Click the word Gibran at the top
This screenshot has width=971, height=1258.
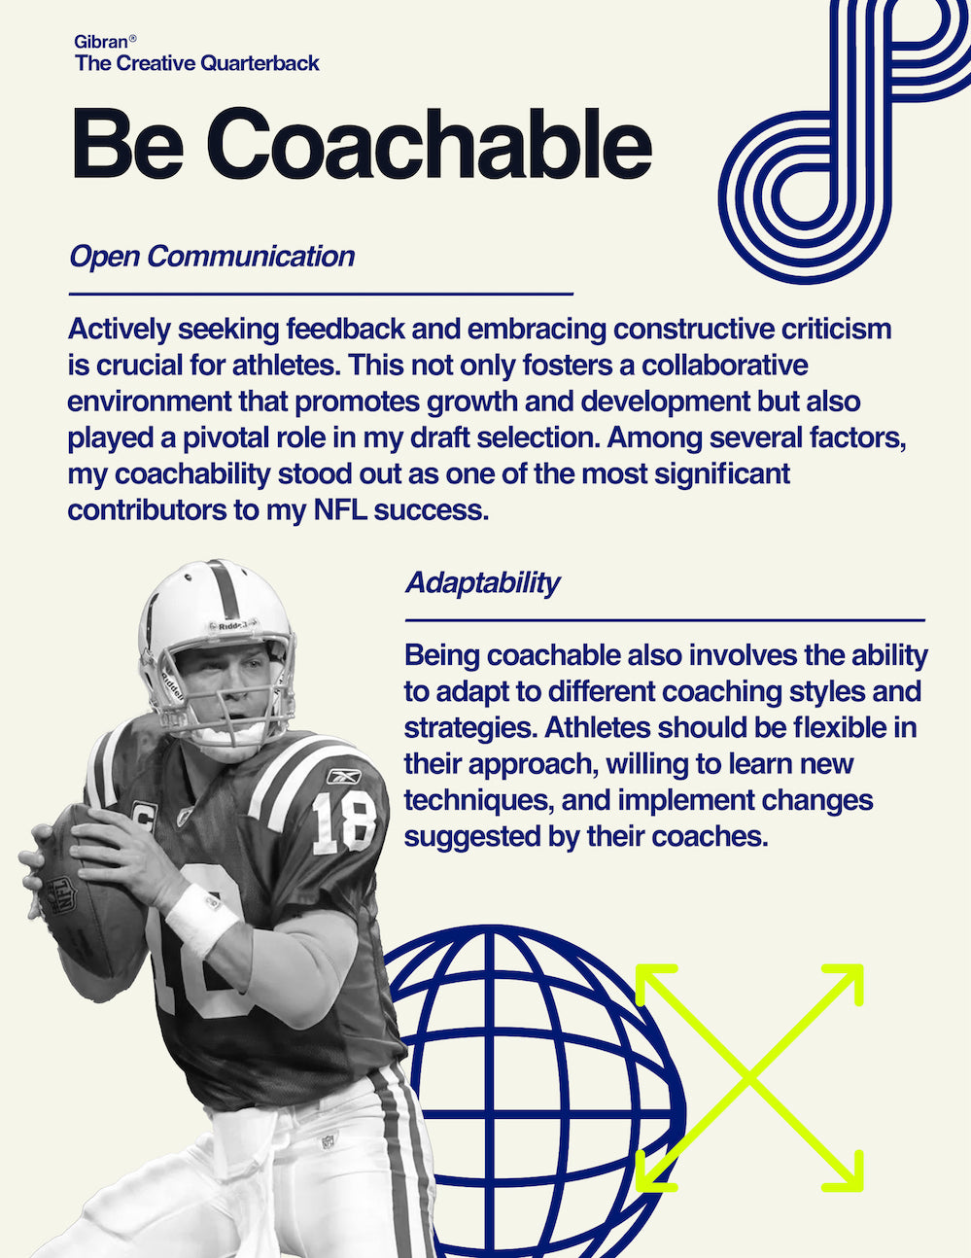pyautogui.click(x=101, y=42)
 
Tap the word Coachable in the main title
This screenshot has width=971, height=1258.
pyautogui.click(x=429, y=144)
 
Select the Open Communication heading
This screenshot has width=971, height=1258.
pyautogui.click(x=212, y=257)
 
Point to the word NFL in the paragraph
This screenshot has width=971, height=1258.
pyautogui.click(x=340, y=510)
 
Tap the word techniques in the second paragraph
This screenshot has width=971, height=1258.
pyautogui.click(x=478, y=801)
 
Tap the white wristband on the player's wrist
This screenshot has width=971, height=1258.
pyautogui.click(x=201, y=920)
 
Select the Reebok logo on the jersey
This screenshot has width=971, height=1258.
pyautogui.click(x=344, y=777)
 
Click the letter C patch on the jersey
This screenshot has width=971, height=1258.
pyautogui.click(x=143, y=815)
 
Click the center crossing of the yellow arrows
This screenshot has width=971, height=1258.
pyautogui.click(x=749, y=1077)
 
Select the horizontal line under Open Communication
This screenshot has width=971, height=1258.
pyautogui.click(x=321, y=295)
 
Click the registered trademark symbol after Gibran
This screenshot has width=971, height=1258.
pyautogui.click(x=132, y=38)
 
